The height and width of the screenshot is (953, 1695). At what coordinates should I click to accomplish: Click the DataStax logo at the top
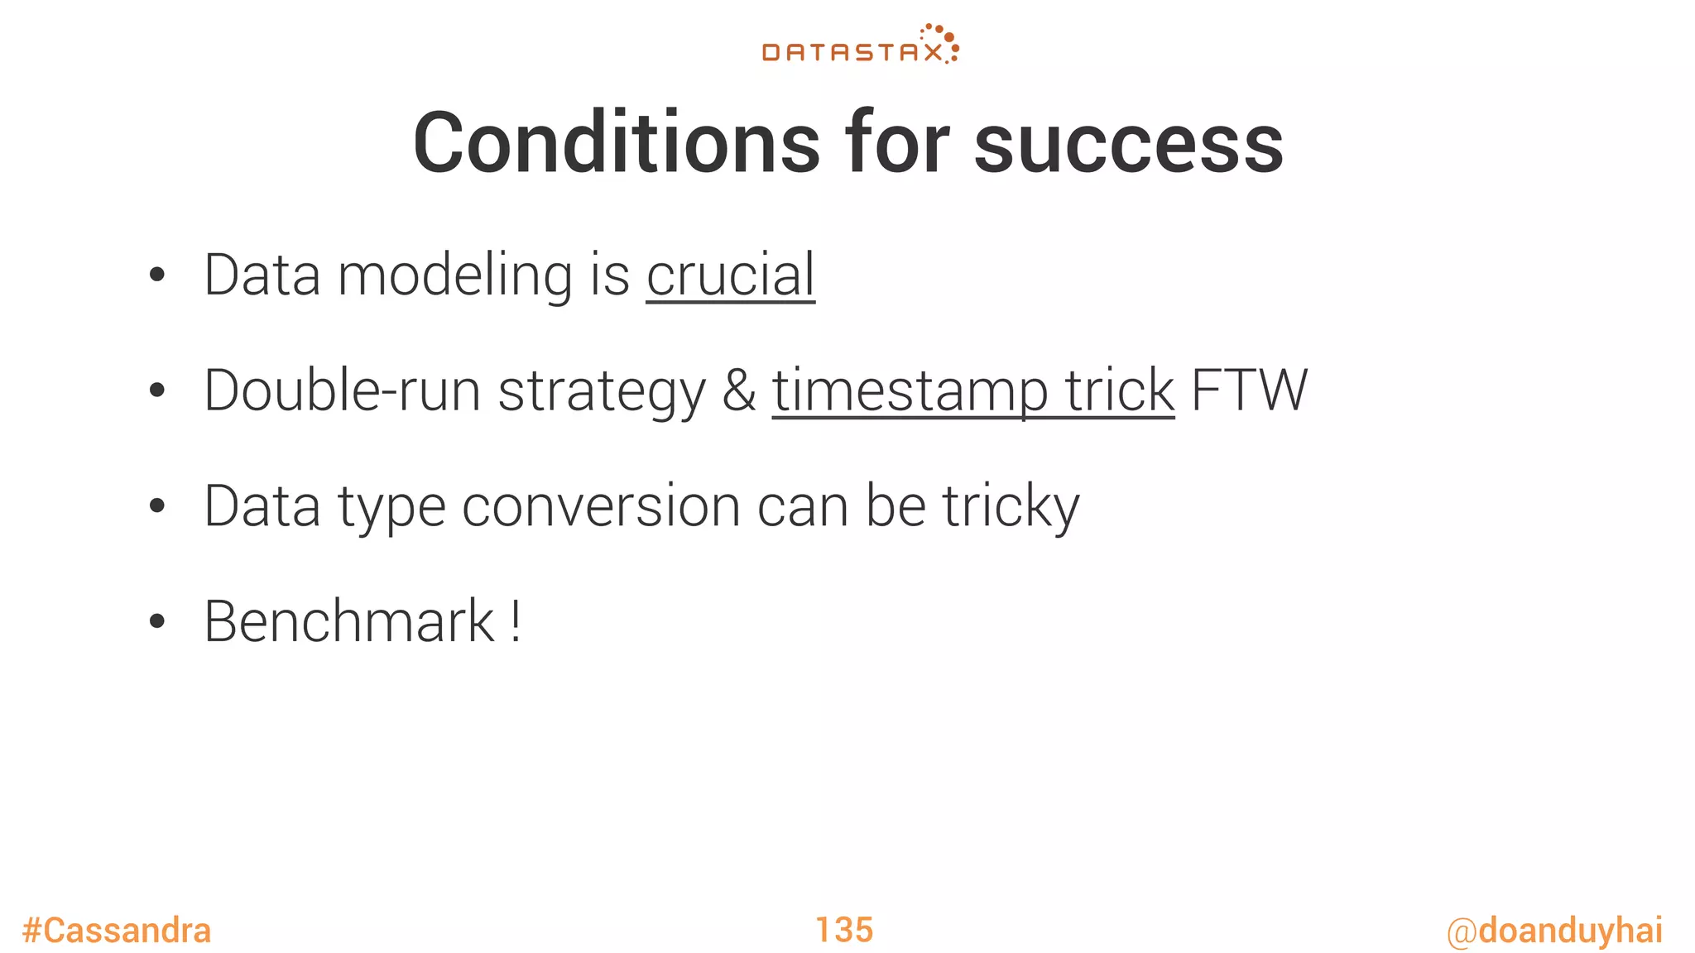[860, 45]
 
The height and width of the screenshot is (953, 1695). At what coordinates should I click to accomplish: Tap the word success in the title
[1128, 143]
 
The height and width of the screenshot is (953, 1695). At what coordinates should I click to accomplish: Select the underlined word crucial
[731, 275]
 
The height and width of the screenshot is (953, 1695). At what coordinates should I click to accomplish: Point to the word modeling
[455, 275]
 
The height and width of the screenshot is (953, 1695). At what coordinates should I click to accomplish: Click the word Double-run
[342, 390]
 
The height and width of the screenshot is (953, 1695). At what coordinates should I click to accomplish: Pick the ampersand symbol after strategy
[739, 390]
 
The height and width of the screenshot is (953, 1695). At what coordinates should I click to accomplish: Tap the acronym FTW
[1249, 390]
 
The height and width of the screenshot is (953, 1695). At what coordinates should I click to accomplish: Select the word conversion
[601, 506]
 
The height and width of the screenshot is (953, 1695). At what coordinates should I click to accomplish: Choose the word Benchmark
[349, 621]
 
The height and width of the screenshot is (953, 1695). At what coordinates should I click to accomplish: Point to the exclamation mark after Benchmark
[516, 621]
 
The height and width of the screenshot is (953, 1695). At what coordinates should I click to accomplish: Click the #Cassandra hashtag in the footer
[117, 931]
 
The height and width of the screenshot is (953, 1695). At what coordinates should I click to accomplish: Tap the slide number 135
[844, 930]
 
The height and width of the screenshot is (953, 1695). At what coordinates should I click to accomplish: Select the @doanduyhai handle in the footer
[1554, 931]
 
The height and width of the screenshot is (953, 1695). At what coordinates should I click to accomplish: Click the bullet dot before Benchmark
[157, 623]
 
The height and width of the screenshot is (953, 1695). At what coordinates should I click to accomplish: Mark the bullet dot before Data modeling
[157, 276]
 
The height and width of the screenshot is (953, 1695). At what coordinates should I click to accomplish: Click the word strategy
[602, 390]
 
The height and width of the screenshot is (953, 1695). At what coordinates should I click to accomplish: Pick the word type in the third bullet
[391, 506]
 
